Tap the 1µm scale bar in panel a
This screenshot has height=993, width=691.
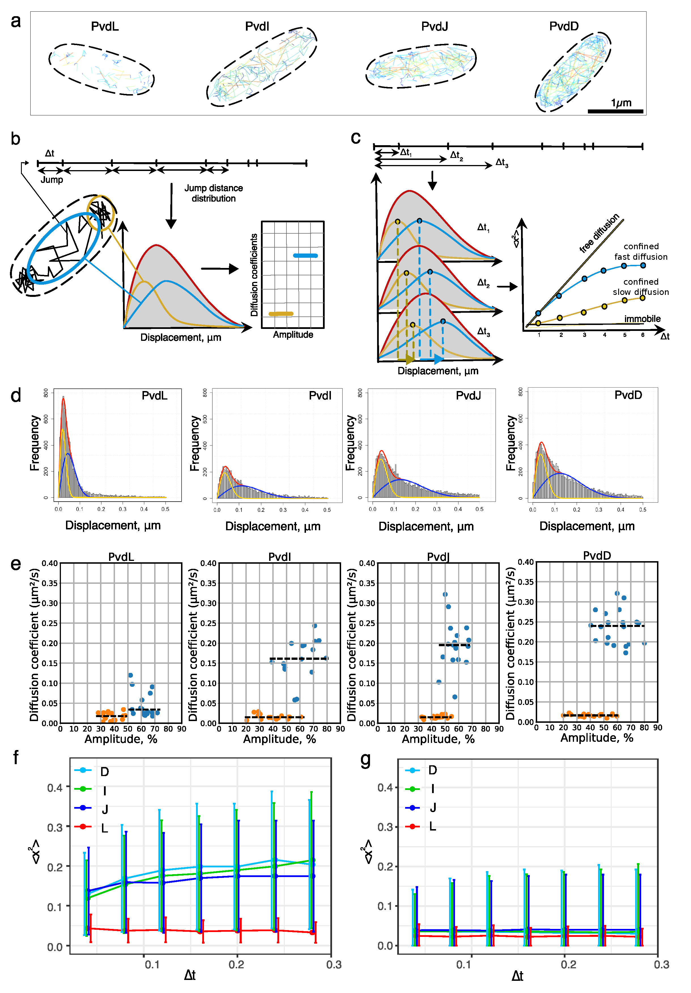coord(615,111)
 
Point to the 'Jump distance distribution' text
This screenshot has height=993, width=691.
coord(214,193)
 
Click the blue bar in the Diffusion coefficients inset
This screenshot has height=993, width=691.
coord(305,255)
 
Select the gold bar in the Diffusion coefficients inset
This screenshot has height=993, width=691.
coord(280,314)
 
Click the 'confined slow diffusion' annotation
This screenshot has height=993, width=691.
coord(641,287)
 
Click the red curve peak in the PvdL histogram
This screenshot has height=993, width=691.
coord(63,398)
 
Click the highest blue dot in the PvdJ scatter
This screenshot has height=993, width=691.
coord(445,594)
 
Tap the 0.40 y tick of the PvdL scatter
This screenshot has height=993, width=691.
coord(50,563)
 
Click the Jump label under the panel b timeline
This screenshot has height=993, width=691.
coord(52,179)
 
